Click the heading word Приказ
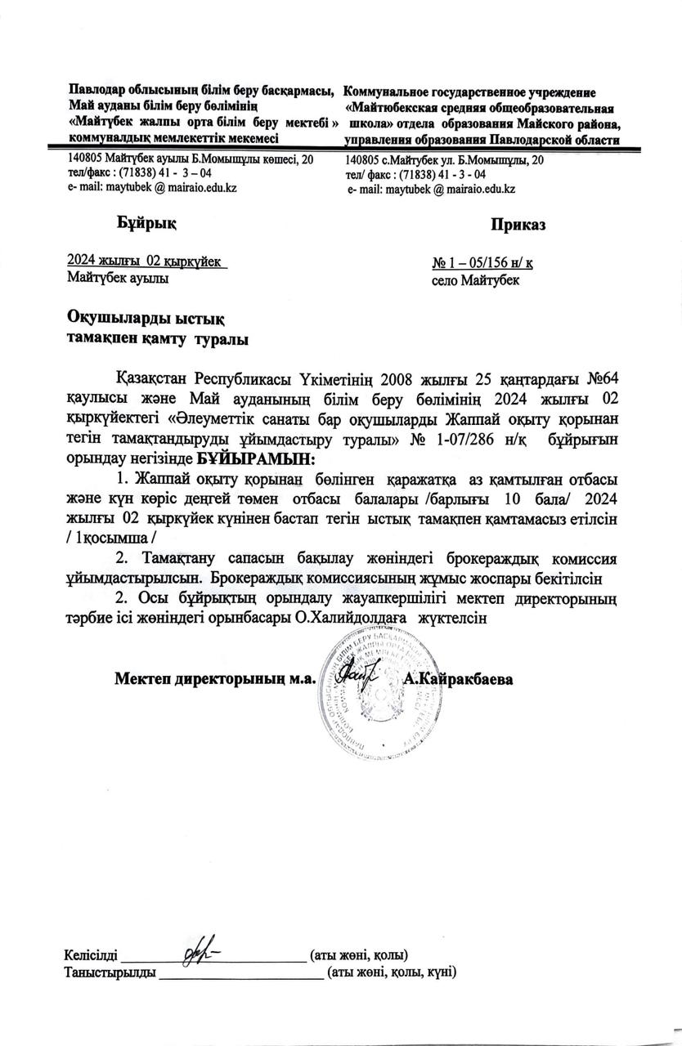[x=518, y=224]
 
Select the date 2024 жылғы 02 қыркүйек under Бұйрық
[x=146, y=261]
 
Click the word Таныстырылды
[x=110, y=972]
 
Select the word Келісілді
[x=91, y=954]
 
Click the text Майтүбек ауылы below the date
[x=118, y=279]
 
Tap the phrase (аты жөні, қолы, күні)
[x=390, y=972]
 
